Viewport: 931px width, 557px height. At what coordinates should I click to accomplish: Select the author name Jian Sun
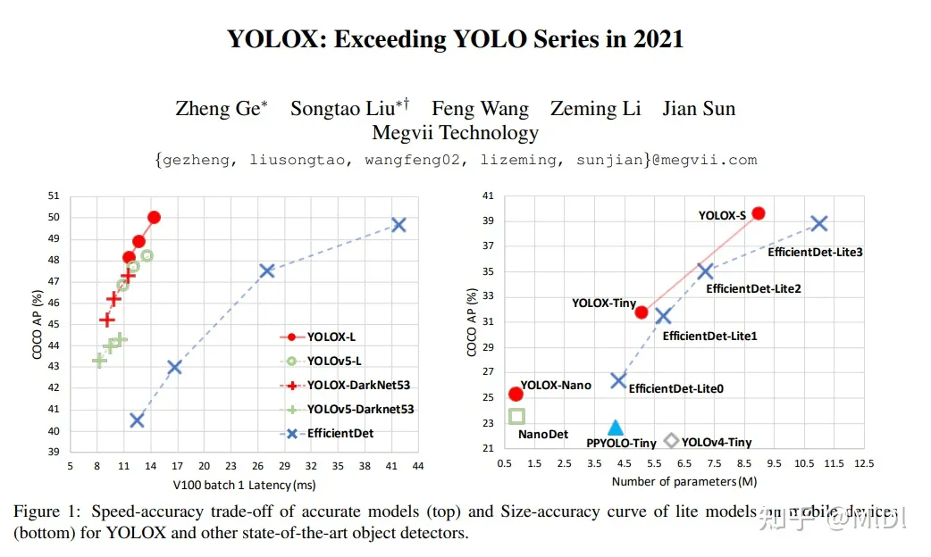699,109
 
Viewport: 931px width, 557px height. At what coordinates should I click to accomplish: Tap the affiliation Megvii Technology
455,133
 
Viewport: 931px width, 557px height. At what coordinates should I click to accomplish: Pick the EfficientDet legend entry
340,433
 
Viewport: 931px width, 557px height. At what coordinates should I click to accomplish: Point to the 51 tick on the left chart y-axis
54,195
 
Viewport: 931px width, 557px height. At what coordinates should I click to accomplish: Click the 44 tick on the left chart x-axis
417,466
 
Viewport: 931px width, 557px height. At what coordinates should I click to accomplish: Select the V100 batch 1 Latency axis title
245,485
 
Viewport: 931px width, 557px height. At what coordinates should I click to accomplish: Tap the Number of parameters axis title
684,482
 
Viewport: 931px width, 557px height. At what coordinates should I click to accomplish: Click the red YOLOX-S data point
758,213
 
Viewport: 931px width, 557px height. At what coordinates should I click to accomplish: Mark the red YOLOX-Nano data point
516,394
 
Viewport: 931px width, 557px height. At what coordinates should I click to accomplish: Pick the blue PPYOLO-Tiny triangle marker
615,428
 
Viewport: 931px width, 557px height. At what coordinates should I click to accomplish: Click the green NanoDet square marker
516,416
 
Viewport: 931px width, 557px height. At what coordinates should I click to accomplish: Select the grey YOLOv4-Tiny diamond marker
672,441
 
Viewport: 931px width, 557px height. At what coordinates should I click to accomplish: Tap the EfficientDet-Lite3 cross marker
818,224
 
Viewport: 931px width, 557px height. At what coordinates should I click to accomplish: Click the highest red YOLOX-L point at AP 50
154,217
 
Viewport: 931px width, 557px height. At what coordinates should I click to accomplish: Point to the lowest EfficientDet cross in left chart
137,420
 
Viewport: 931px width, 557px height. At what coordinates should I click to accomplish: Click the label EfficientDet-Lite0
675,388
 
